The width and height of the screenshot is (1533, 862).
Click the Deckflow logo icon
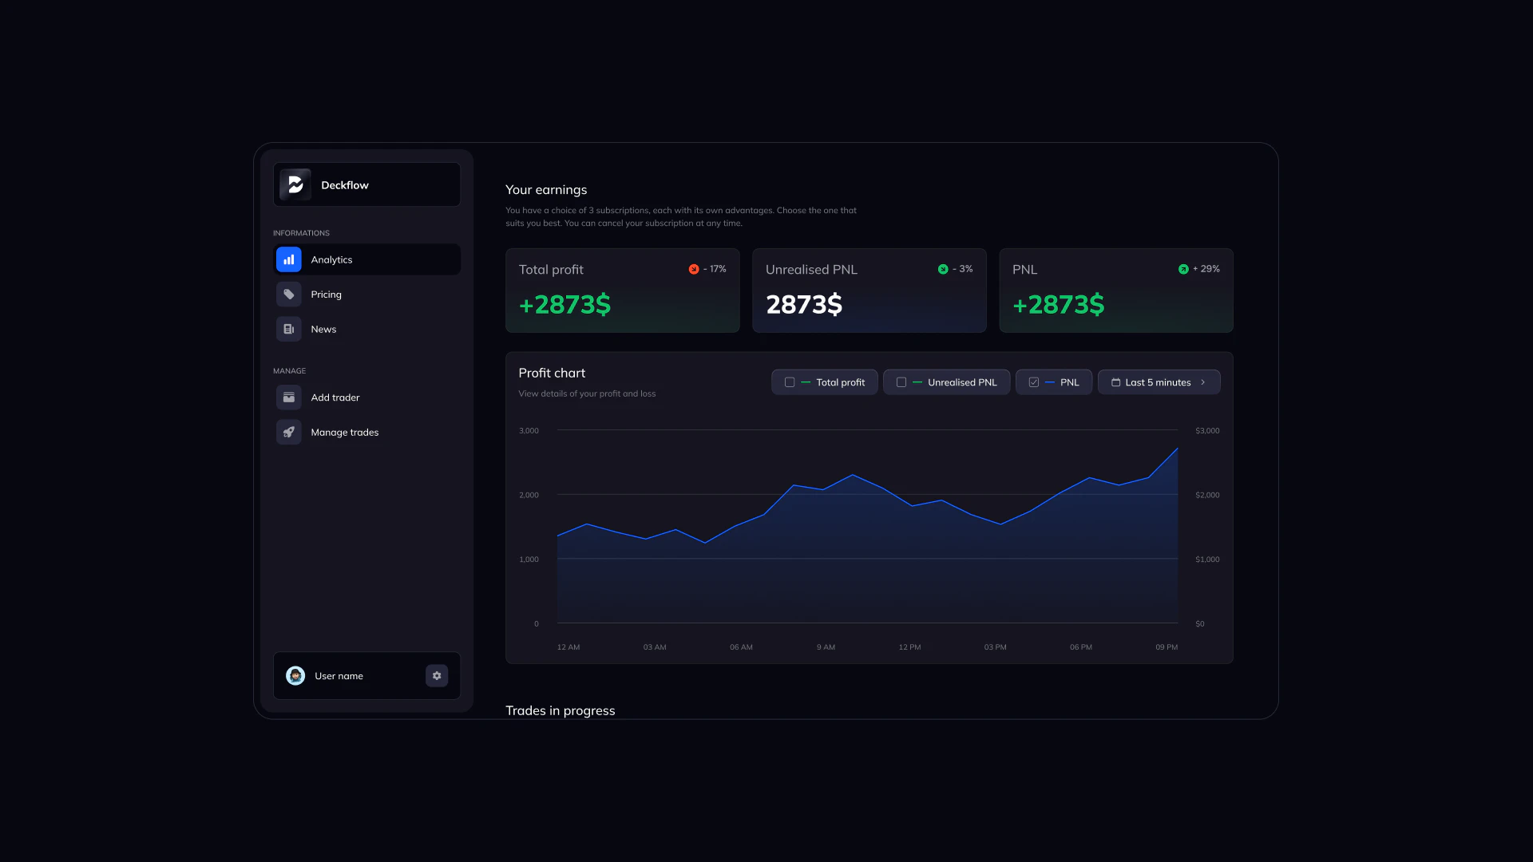pos(295,184)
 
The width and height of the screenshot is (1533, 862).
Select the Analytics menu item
pos(331,259)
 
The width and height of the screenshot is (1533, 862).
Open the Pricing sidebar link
pos(326,295)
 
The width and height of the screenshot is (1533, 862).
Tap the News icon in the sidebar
pos(289,329)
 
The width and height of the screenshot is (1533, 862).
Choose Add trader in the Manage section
pos(335,397)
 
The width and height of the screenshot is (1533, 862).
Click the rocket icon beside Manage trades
pos(289,432)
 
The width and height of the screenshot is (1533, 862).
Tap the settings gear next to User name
pos(437,676)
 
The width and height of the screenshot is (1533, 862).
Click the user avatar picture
pos(295,676)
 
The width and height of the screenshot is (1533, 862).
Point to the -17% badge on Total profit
pos(707,269)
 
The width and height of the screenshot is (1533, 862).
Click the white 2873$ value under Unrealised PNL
pos(804,304)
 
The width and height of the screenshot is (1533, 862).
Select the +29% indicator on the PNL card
pos(1199,269)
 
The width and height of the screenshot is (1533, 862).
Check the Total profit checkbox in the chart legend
pos(790,382)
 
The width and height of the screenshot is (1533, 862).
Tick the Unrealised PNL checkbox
pos(901,382)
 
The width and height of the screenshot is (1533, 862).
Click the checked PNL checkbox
pos(1034,382)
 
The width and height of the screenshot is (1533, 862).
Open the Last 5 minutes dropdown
pos(1159,382)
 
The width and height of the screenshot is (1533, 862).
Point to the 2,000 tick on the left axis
pos(529,495)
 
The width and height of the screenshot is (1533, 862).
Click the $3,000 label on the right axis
pos(1207,430)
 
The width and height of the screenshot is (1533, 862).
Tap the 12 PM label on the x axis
pos(909,647)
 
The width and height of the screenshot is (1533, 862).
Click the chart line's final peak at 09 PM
pos(1177,449)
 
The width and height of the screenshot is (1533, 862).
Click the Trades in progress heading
pos(560,710)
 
